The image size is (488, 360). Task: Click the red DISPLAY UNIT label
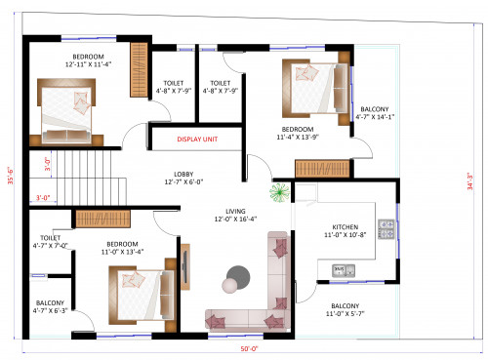[196, 140]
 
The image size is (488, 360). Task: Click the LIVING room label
[235, 215]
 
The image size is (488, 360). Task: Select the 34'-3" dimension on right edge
[471, 182]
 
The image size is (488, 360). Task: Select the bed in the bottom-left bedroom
[140, 294]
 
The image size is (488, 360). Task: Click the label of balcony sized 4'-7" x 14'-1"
[376, 114]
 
